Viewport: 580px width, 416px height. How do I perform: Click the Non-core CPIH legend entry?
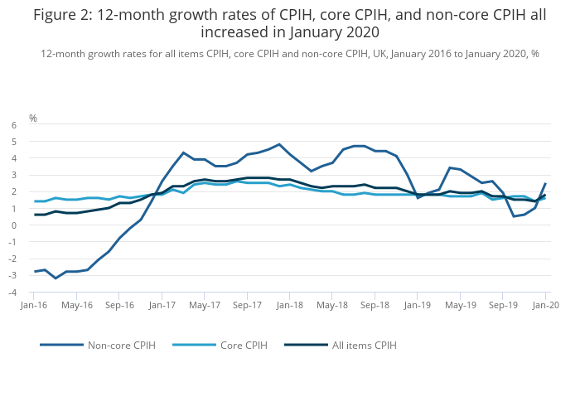[x=121, y=345]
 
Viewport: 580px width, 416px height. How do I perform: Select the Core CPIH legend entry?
[x=242, y=345]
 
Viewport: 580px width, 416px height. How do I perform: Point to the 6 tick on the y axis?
[x=13, y=125]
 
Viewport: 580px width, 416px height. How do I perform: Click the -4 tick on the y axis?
[x=12, y=293]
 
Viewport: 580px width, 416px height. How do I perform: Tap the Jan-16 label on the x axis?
[x=34, y=305]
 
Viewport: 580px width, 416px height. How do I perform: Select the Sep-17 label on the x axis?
[x=247, y=305]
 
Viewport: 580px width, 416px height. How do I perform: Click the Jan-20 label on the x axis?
[x=545, y=305]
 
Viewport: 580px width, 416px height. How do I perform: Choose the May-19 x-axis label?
[x=460, y=305]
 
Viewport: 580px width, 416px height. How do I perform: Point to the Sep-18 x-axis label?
[x=375, y=305]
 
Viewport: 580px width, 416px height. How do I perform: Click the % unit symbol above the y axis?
[x=33, y=119]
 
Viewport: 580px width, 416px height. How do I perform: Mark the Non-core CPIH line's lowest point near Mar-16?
[x=56, y=278]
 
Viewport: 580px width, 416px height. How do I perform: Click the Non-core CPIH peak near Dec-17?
[x=279, y=144]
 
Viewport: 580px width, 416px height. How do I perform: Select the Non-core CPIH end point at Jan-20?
[x=545, y=183]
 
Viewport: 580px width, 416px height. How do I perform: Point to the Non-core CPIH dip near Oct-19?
[x=514, y=216]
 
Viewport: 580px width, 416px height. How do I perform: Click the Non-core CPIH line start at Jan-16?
[x=34, y=271]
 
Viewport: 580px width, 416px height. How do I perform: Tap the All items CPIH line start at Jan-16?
[x=34, y=215]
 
